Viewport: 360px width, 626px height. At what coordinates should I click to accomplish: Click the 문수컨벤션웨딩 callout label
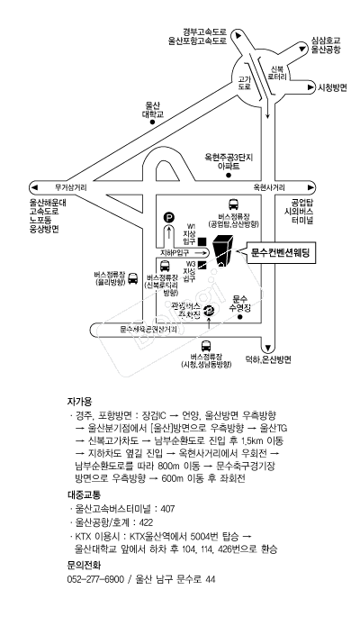(x=281, y=252)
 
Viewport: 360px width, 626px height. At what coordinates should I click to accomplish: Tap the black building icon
(x=221, y=250)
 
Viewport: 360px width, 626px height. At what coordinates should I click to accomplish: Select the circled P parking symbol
(x=169, y=218)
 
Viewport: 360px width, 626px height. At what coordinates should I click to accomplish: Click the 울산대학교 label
(x=153, y=110)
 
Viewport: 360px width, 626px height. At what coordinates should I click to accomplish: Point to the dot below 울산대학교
(x=152, y=122)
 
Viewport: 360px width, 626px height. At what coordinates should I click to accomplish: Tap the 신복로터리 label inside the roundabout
(x=277, y=72)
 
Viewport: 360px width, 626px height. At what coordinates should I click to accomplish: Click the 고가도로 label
(x=244, y=83)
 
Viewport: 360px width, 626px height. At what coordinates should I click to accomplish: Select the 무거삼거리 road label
(x=70, y=187)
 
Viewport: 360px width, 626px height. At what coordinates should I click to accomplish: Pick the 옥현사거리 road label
(x=269, y=187)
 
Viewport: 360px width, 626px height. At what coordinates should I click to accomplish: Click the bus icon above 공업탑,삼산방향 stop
(x=233, y=204)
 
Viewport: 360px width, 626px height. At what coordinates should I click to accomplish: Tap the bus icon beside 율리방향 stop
(x=133, y=277)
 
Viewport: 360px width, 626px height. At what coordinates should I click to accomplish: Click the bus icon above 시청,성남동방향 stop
(x=206, y=346)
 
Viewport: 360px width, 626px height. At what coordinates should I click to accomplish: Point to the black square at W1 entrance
(x=202, y=241)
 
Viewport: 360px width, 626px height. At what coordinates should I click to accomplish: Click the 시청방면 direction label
(x=332, y=88)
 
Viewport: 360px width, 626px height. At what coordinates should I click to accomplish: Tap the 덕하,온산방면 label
(x=268, y=359)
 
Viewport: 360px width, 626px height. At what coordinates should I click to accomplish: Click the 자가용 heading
(x=80, y=401)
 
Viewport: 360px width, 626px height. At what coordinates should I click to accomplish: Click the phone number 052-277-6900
(x=95, y=579)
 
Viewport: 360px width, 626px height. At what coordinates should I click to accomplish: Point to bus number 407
(x=167, y=509)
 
